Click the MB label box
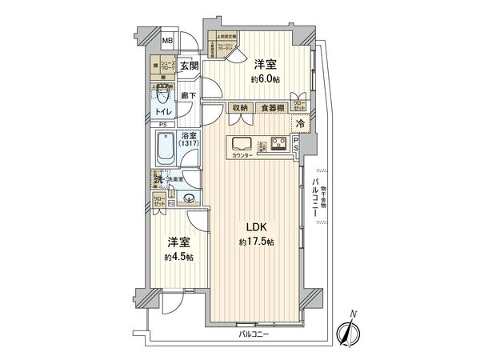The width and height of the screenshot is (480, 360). pos(169,41)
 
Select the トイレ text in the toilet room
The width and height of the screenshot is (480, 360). pos(163,114)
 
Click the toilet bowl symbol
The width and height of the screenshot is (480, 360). pos(164,99)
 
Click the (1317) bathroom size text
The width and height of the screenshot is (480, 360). pos(190,144)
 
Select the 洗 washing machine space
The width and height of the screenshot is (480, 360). pos(158,179)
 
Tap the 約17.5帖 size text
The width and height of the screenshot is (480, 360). pos(254,242)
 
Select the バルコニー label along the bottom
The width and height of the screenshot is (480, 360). pos(253,333)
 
